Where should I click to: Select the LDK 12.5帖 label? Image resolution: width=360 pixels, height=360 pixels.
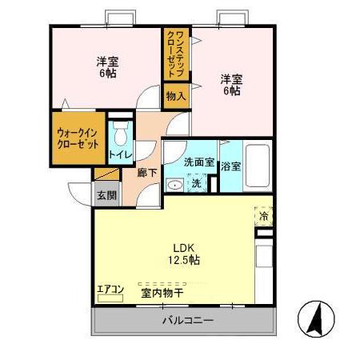pyautogui.click(x=183, y=254)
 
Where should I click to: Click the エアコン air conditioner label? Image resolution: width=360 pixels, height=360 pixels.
pyautogui.click(x=110, y=289)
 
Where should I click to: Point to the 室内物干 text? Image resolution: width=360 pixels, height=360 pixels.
pyautogui.click(x=162, y=293)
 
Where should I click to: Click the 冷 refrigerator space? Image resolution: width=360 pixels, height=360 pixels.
pyautogui.click(x=263, y=215)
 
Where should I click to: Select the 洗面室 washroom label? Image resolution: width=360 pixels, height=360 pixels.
pyautogui.click(x=198, y=162)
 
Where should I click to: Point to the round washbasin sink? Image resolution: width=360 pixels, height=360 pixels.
pyautogui.click(x=174, y=184)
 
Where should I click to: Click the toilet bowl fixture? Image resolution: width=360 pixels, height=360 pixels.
pyautogui.click(x=122, y=133)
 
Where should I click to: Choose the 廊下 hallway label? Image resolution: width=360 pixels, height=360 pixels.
pyautogui.click(x=146, y=172)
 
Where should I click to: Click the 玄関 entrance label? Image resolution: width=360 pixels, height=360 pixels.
pyautogui.click(x=106, y=194)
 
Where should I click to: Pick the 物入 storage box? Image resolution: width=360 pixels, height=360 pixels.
pyautogui.click(x=176, y=96)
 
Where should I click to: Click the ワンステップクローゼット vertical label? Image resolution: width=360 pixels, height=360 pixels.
pyautogui.click(x=176, y=54)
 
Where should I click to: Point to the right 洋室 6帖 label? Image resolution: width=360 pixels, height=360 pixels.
pyautogui.click(x=231, y=84)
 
